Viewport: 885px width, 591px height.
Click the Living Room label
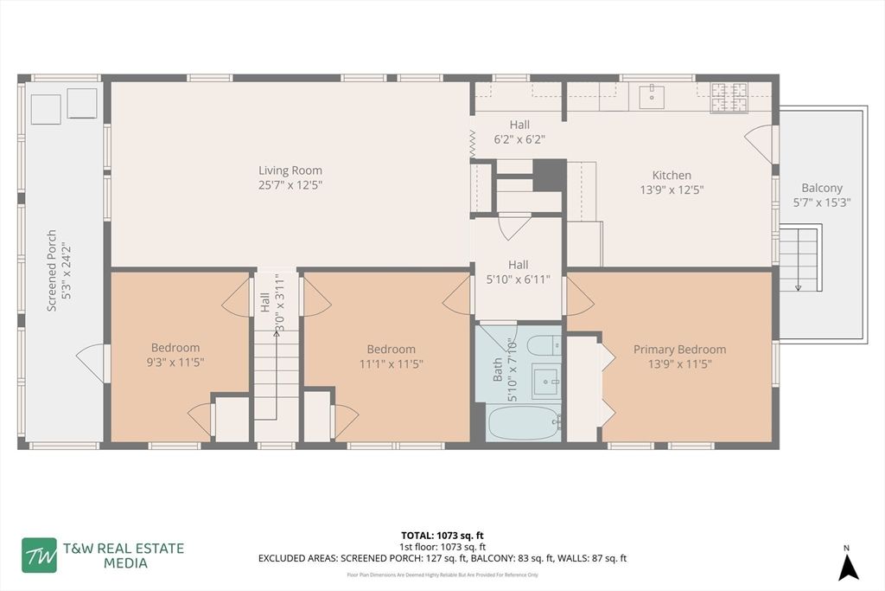click(290, 170)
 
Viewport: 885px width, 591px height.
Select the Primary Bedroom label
click(679, 350)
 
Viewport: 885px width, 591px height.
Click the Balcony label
click(821, 188)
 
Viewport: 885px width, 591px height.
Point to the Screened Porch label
click(52, 270)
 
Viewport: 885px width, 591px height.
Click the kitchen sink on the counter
click(652, 97)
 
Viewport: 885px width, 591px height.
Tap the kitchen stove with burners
click(728, 97)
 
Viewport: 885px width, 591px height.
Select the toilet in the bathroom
click(545, 345)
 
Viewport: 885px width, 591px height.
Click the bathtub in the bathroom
click(524, 424)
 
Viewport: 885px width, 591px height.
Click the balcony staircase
click(799, 258)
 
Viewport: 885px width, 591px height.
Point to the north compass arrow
click(849, 566)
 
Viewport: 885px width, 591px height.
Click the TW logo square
click(40, 556)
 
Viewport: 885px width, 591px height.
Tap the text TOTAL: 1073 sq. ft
click(442, 534)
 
